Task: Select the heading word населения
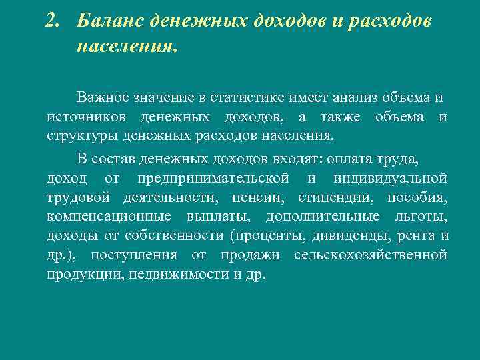pyautogui.click(x=127, y=47)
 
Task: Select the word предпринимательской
pyautogui.click(x=213, y=178)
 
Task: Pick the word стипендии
pyautogui.click(x=332, y=197)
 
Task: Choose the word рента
pyautogui.click(x=417, y=236)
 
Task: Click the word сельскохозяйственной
pyautogui.click(x=370, y=255)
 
